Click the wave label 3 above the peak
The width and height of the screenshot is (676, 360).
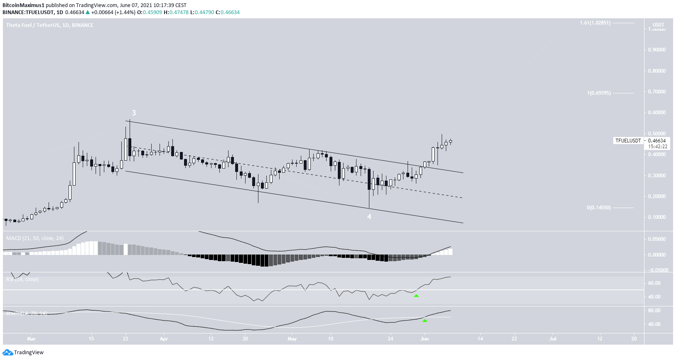pos(134,113)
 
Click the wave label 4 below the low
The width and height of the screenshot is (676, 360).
pos(369,217)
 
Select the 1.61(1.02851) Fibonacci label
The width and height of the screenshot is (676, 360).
pos(595,23)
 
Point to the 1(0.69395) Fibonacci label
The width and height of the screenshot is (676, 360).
pos(599,93)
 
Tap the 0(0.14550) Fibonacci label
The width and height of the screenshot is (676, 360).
pos(599,208)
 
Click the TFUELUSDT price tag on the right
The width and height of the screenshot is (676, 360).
pos(628,141)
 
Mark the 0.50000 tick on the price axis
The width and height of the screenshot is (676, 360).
pos(656,134)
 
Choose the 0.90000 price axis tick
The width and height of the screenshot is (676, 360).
pos(656,50)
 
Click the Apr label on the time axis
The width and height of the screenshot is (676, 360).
pos(164,339)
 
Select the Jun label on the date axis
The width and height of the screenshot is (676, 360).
pos(424,339)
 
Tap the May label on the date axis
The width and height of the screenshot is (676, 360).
pos(292,339)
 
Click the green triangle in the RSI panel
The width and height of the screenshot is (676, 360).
pos(416,296)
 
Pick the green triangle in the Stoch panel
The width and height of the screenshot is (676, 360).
pos(425,321)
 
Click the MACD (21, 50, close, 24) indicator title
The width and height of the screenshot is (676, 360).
pos(35,238)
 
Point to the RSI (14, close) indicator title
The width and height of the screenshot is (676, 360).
pos(22,279)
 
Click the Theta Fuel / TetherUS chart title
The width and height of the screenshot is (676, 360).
pos(49,25)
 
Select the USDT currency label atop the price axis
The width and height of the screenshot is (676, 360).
pos(658,25)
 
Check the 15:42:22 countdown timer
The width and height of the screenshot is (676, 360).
pos(658,147)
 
